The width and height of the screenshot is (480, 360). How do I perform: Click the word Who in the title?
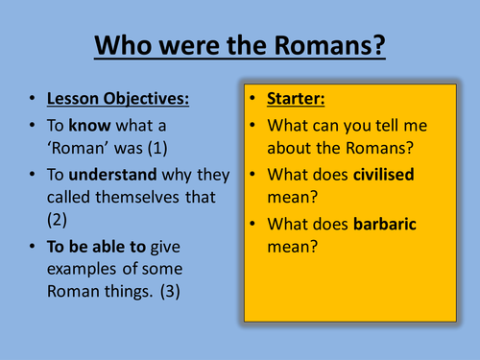pyautogui.click(x=128, y=47)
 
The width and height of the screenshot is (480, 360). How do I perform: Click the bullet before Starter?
pyautogui.click(x=253, y=100)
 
